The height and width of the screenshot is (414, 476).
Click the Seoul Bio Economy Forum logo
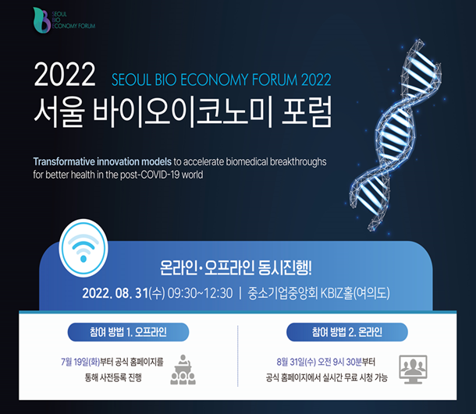pyautogui.click(x=64, y=20)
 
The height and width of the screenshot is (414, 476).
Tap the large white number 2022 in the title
pyautogui.click(x=65, y=75)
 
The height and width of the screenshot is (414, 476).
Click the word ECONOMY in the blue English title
pyautogui.click(x=215, y=80)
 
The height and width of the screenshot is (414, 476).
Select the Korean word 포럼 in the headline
pyautogui.click(x=307, y=111)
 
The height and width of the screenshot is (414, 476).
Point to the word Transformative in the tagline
pyautogui.click(x=64, y=161)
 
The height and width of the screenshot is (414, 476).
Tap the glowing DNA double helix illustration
pyautogui.click(x=397, y=134)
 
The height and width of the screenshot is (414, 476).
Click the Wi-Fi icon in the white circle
pyautogui.click(x=83, y=248)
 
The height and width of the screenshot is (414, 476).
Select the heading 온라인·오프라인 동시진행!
pyautogui.click(x=236, y=267)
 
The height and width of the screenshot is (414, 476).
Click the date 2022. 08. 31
pyautogui.click(x=115, y=293)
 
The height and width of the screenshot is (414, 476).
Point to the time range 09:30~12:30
pyautogui.click(x=200, y=293)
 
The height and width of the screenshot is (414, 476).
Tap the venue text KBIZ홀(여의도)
pyautogui.click(x=355, y=293)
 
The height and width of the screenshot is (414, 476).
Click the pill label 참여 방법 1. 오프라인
pyautogui.click(x=128, y=332)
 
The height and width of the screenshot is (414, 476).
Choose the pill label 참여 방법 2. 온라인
pyautogui.click(x=347, y=332)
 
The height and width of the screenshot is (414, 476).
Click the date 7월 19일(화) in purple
pyautogui.click(x=80, y=362)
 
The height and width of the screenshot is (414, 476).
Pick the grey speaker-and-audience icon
pyautogui.click(x=183, y=370)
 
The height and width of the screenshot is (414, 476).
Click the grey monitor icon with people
pyautogui.click(x=413, y=370)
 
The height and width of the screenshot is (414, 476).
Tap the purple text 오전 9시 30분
pyautogui.click(x=339, y=362)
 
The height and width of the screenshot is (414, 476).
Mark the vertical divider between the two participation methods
pyautogui.click(x=238, y=356)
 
